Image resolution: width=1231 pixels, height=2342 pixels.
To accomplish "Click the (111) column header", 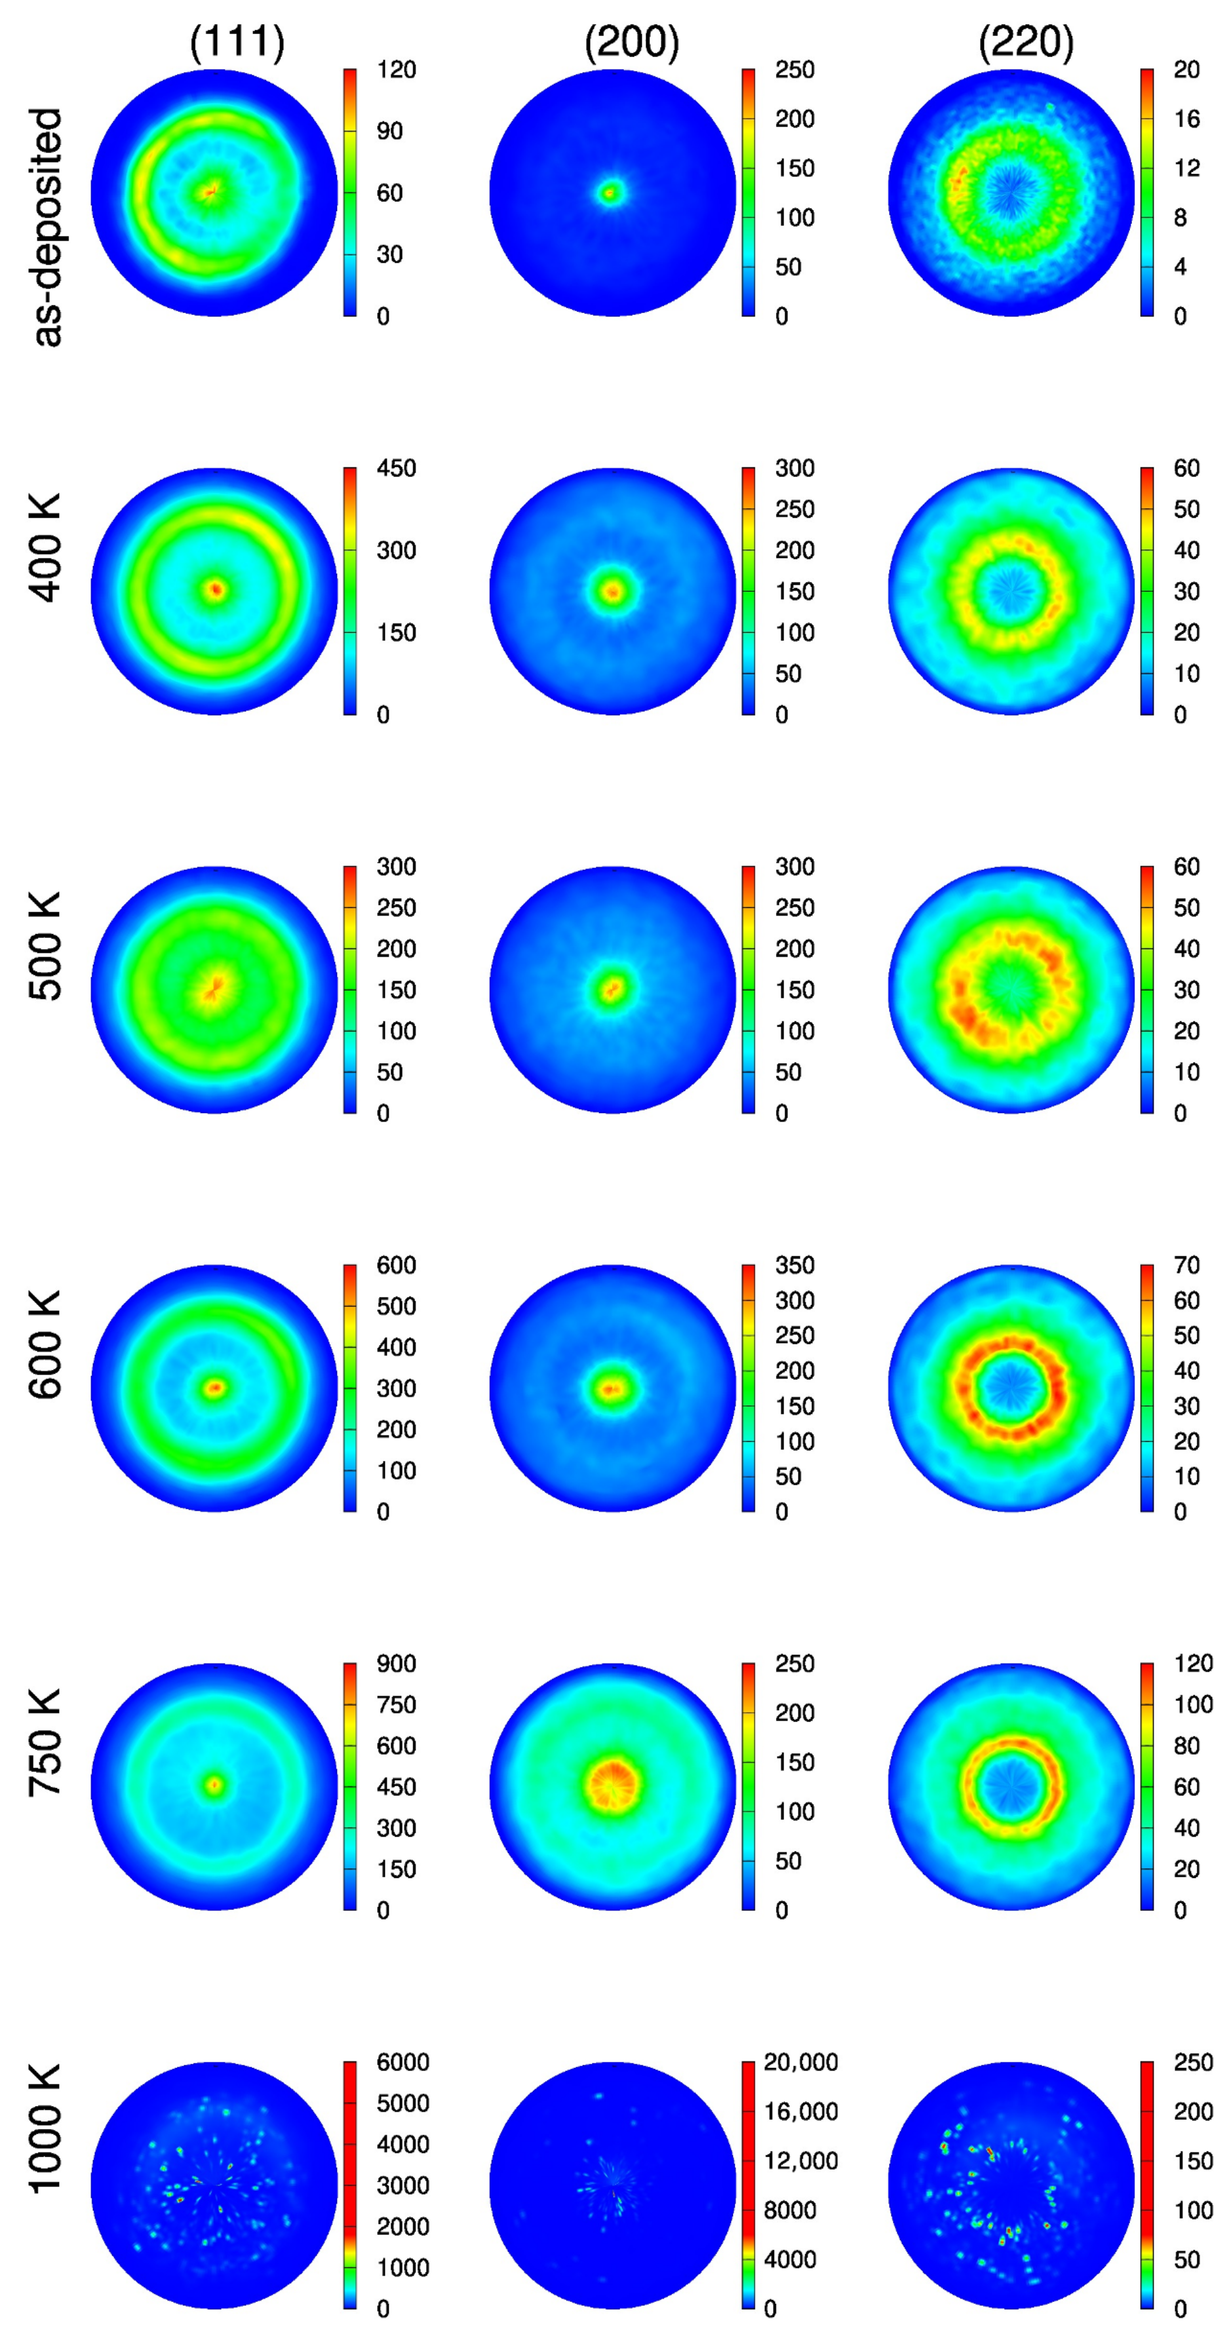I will [237, 42].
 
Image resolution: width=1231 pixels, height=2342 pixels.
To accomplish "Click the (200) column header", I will [632, 42].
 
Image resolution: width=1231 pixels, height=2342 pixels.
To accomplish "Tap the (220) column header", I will [1026, 42].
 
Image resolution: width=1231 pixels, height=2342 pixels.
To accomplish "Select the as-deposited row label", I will [47, 227].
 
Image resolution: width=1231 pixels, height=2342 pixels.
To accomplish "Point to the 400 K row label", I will [45, 547].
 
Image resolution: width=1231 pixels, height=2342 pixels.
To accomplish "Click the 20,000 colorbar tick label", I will [800, 2062].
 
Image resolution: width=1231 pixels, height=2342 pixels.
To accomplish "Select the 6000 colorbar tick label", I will [402, 2062].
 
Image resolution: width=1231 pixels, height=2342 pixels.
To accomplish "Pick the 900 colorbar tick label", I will [397, 1664].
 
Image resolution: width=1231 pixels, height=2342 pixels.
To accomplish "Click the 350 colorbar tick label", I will [794, 1266].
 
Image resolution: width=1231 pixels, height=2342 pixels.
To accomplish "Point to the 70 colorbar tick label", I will [1186, 1266].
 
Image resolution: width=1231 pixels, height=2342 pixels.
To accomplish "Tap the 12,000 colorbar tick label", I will [800, 2161].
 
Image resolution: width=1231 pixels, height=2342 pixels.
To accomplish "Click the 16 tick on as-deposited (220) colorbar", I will [1186, 119].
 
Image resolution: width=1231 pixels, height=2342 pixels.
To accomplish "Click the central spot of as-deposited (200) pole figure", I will [611, 193].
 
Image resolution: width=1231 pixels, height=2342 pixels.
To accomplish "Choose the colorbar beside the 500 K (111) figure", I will [350, 989].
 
